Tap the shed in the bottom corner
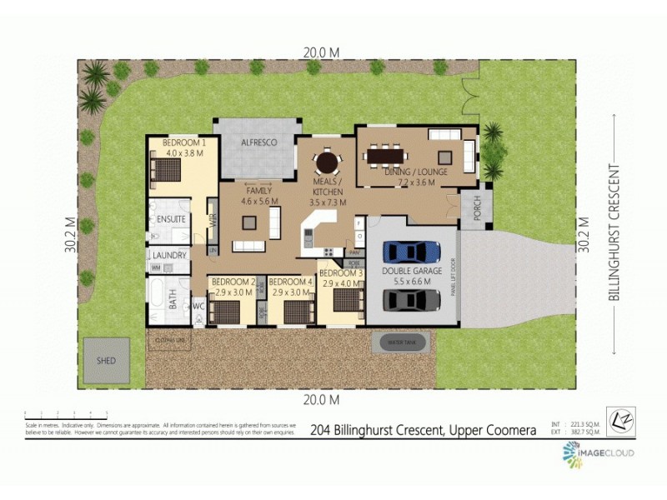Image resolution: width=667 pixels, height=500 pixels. [x=106, y=360]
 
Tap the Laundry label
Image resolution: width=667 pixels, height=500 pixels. [x=169, y=255]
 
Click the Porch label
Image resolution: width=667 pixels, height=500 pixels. [x=478, y=212]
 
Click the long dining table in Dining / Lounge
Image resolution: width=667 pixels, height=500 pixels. [x=394, y=155]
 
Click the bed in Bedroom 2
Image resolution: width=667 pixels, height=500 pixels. [x=223, y=311]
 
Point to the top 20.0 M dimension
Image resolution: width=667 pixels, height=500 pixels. [x=321, y=52]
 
